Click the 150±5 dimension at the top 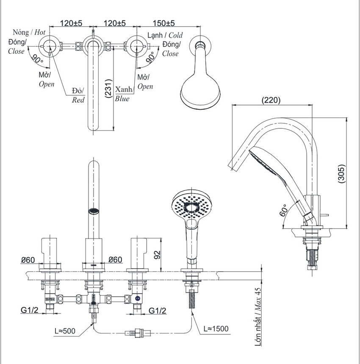click(163, 23)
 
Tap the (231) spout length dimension click(108, 89)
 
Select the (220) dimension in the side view click(271, 100)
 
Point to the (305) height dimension click(341, 174)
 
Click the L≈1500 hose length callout click(216, 329)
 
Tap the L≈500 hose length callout click(65, 331)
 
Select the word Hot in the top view click(40, 32)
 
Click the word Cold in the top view click(176, 35)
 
